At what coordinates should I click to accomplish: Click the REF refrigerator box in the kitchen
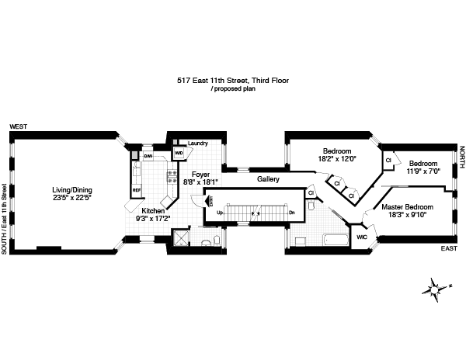(x=137, y=189)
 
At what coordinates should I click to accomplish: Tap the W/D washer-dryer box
(x=178, y=153)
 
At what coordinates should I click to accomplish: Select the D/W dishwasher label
(x=148, y=156)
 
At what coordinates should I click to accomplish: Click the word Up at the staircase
(x=220, y=213)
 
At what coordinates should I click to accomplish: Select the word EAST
(x=449, y=248)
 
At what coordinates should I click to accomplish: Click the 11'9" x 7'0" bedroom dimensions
(x=424, y=171)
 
